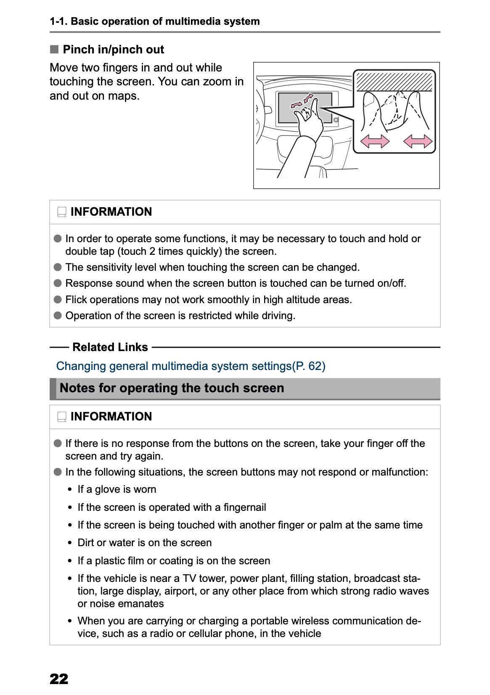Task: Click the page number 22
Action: [x=59, y=679]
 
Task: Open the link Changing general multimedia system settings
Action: [x=191, y=366]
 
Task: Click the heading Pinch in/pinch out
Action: [x=113, y=50]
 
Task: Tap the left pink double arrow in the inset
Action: [x=375, y=141]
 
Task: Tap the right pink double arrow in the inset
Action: [x=418, y=141]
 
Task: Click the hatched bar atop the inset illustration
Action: [x=394, y=82]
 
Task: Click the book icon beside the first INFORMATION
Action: [x=62, y=212]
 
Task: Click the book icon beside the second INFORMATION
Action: [x=62, y=417]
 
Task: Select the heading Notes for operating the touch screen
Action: [x=172, y=388]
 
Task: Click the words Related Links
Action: [x=110, y=347]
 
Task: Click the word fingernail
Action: [x=245, y=507]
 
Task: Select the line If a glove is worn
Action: [x=117, y=489]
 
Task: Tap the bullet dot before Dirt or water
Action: [x=70, y=543]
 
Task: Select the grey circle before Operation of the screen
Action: [x=58, y=315]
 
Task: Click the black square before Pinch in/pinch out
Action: [x=54, y=50]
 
